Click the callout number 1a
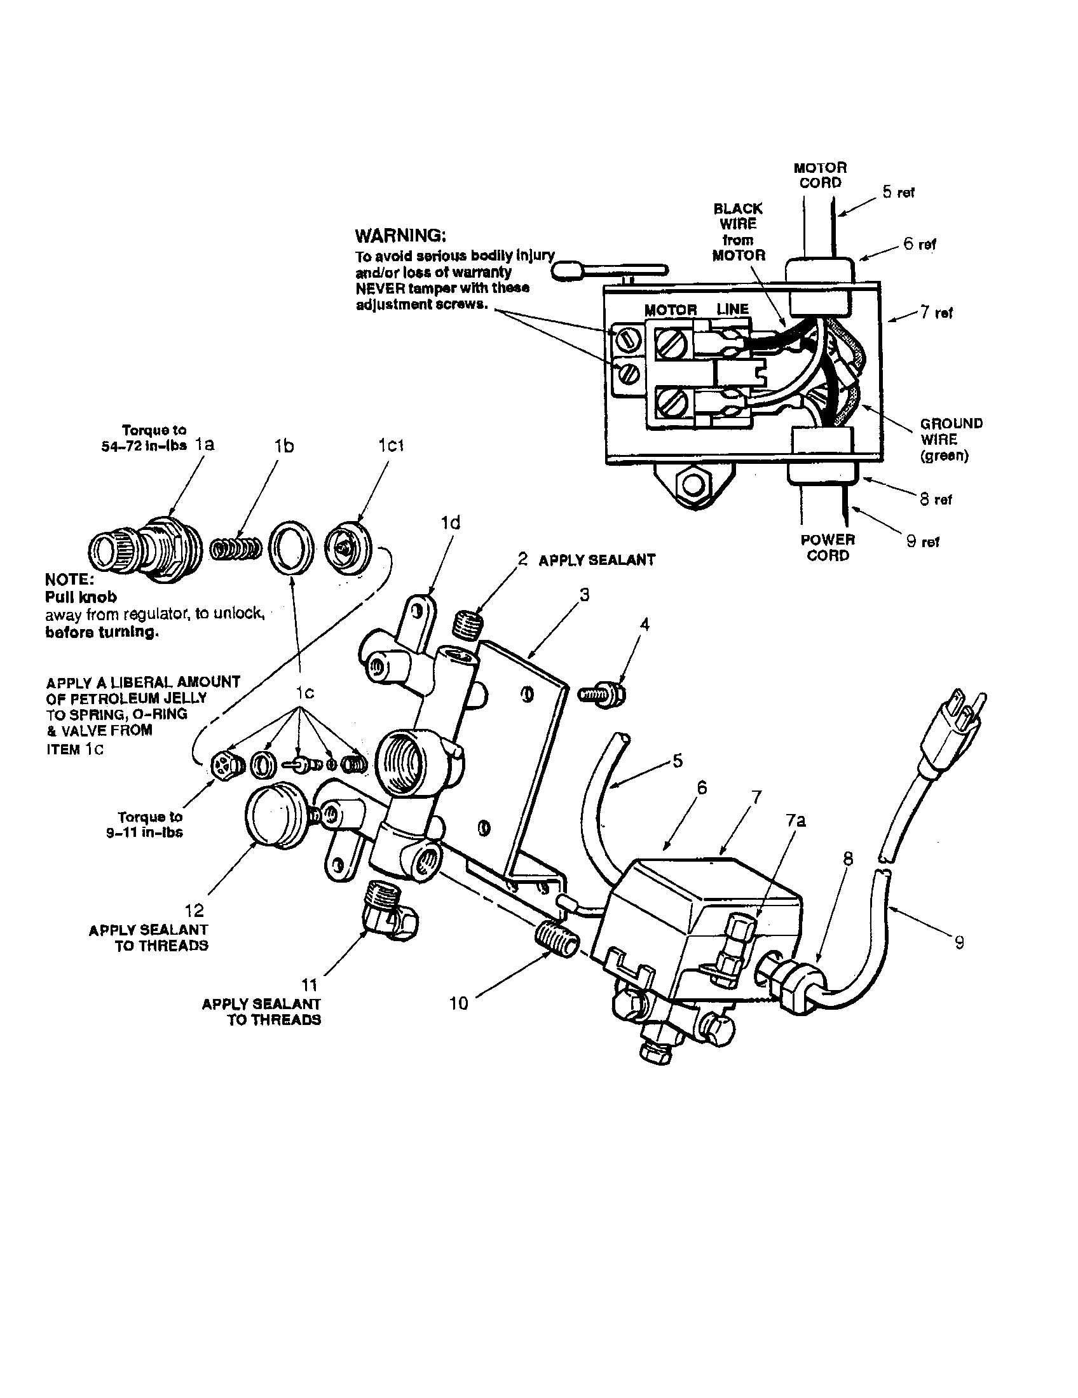pos(204,444)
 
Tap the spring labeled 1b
pos(236,549)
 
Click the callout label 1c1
pos(390,445)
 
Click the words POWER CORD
pos(827,547)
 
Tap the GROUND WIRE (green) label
pos(950,439)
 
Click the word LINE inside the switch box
pos(732,309)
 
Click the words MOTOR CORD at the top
pos(819,175)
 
